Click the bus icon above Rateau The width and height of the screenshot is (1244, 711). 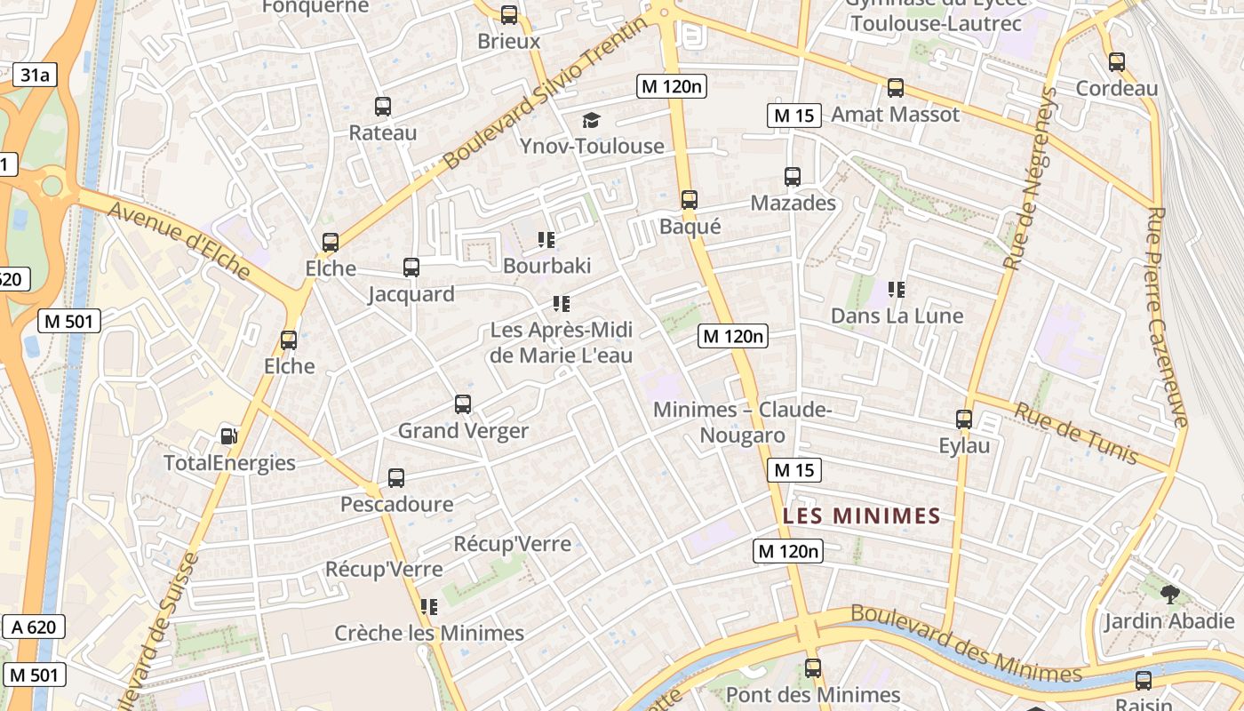[x=383, y=107]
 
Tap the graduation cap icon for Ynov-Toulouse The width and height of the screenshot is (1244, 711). [x=591, y=120]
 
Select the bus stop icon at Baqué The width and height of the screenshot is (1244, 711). [x=689, y=200]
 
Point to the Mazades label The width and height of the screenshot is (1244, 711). [x=793, y=203]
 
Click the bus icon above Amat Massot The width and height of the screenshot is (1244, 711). [x=896, y=88]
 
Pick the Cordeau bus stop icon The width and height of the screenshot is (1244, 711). [x=1117, y=62]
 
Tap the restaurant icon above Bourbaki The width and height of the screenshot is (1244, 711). [x=546, y=240]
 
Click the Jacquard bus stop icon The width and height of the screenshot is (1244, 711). [x=411, y=268]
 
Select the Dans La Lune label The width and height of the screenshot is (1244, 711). [x=897, y=316]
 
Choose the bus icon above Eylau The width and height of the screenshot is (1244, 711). [x=964, y=419]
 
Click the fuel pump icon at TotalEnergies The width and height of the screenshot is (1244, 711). [x=229, y=436]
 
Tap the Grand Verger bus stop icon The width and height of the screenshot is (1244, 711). [x=463, y=404]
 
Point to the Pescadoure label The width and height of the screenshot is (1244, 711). [x=396, y=504]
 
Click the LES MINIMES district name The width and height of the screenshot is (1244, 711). [x=861, y=515]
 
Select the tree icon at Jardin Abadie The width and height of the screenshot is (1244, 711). [x=1169, y=595]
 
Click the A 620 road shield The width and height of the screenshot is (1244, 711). [x=34, y=627]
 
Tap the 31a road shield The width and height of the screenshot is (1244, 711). [x=35, y=75]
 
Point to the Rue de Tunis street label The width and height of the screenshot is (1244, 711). [x=1076, y=433]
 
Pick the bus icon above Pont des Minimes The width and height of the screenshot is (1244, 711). [x=813, y=668]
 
